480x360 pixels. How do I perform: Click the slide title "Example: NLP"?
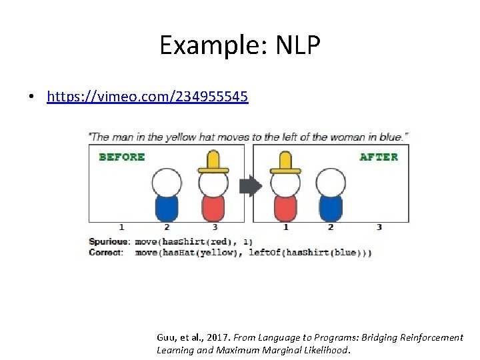pos(240,45)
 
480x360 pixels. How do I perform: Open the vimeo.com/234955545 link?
pos(147,97)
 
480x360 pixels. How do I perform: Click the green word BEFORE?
pos(122,157)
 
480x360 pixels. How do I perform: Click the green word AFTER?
pos(379,157)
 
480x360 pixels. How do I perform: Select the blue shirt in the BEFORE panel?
pos(167,207)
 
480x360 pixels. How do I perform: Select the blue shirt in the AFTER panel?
pos(331,207)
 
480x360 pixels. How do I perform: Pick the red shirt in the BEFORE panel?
pos(213,207)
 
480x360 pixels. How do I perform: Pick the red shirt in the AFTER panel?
pos(285,207)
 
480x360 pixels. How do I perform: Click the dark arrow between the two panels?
pos(251,186)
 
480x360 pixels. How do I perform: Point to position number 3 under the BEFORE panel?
pos(215,227)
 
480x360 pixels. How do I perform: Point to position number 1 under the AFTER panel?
pos(285,227)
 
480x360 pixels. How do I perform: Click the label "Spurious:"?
pos(107,241)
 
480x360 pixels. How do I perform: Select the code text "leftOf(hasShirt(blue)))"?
pos(310,253)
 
